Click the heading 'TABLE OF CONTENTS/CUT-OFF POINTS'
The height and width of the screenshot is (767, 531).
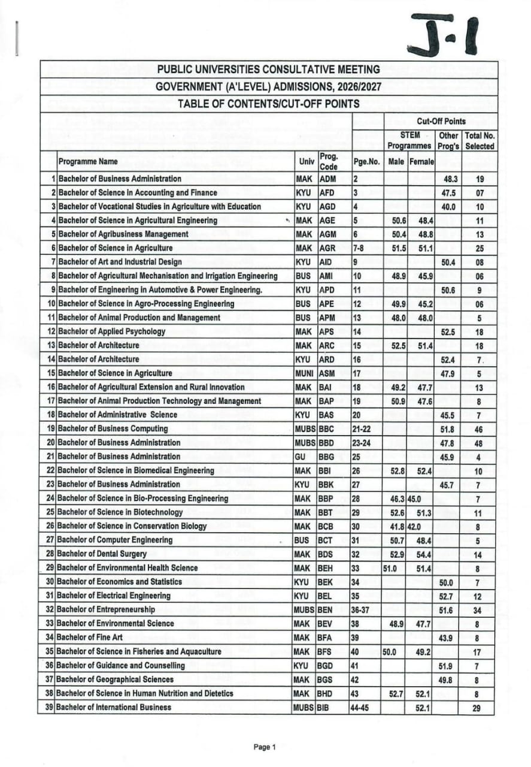pos(269,104)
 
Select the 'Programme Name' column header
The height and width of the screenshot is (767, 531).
pos(88,161)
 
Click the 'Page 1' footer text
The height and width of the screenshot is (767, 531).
pos(265,747)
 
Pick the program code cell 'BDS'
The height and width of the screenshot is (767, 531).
pos(327,554)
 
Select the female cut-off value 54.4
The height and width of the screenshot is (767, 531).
pos(423,554)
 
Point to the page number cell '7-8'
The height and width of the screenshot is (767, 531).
pos(360,248)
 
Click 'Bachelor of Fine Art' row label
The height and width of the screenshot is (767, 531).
pos(90,637)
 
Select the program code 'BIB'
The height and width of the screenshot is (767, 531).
pos(326,707)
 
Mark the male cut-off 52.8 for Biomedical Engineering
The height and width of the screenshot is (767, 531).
pos(398,470)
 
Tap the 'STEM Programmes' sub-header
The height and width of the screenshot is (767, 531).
pos(409,140)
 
